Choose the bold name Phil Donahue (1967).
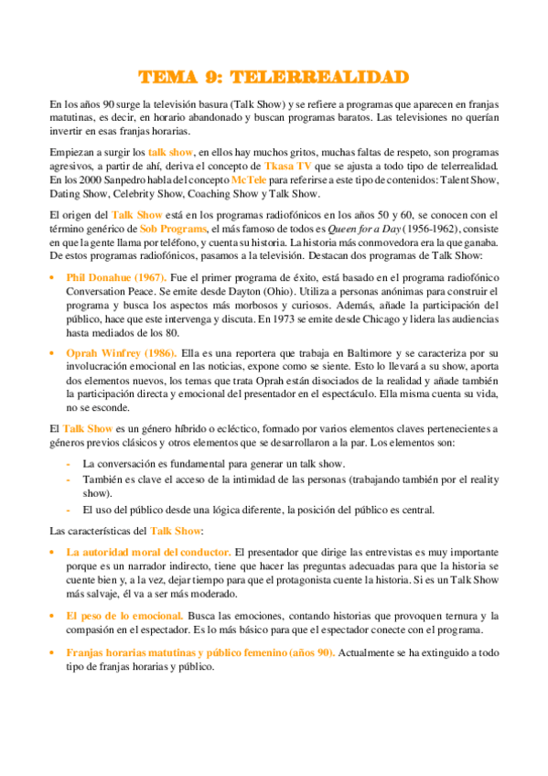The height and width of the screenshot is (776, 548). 115,276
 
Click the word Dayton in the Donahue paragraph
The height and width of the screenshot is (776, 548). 264,291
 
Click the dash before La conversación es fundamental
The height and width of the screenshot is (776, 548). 70,464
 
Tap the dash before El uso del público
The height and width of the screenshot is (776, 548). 70,510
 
